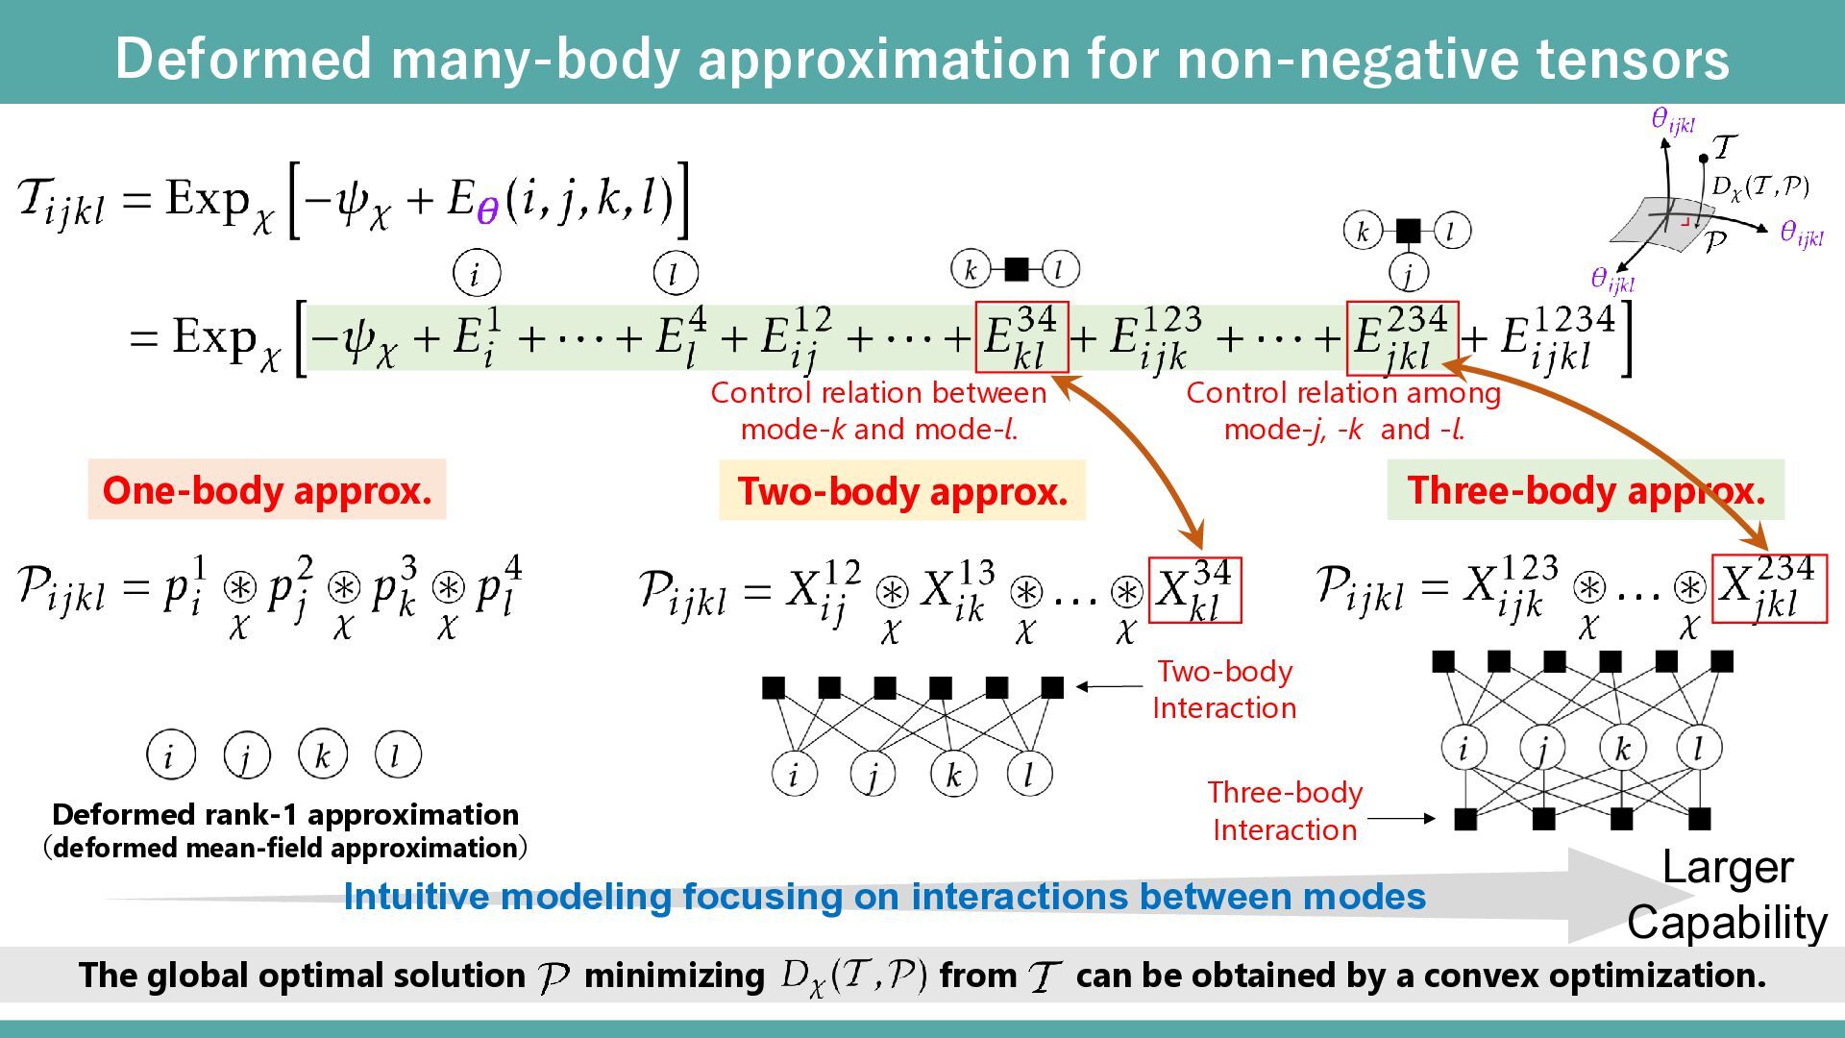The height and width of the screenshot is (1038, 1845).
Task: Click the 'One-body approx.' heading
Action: (266, 490)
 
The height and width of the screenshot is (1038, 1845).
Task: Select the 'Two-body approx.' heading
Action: (901, 491)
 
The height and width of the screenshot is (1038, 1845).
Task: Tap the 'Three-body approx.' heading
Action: (1586, 490)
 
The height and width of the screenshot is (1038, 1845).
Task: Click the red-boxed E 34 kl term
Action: (1021, 337)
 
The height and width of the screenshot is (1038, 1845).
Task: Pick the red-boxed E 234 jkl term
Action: (1402, 337)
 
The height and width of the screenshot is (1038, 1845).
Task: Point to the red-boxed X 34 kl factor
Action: (1194, 590)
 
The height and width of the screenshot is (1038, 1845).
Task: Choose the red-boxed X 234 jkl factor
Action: (1769, 588)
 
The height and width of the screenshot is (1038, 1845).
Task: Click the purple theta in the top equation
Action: (487, 210)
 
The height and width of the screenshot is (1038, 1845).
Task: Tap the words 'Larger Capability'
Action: (1727, 895)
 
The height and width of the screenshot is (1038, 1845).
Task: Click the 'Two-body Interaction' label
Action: (1224, 689)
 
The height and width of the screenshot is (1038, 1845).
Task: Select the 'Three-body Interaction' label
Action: (1285, 810)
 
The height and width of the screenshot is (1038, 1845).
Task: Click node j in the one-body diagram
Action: (246, 755)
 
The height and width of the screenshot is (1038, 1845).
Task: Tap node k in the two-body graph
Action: (953, 775)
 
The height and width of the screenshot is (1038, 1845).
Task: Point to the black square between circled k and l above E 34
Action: (1016, 270)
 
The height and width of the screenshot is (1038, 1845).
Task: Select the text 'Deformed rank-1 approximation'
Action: (285, 814)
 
